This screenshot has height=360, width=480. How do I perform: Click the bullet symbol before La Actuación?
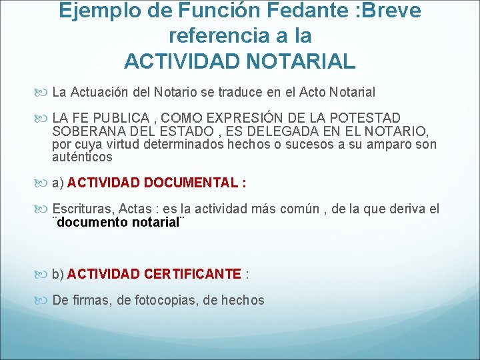tap(45, 92)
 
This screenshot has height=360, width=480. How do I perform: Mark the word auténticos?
tap(82, 158)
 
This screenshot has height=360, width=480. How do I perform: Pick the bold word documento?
tap(91, 222)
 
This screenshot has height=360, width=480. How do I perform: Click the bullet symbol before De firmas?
tap(45, 301)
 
